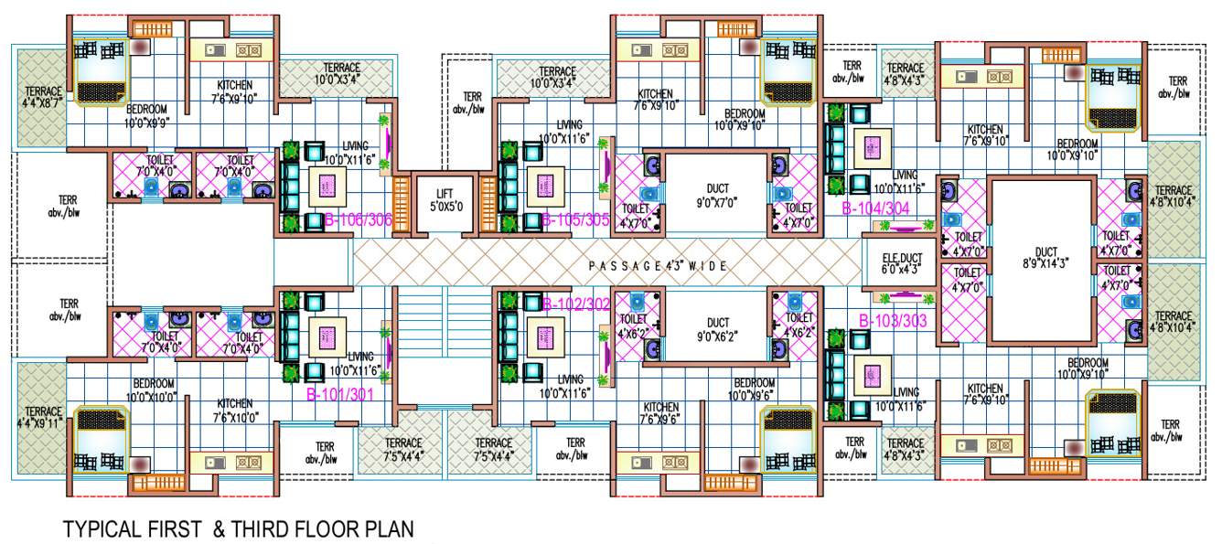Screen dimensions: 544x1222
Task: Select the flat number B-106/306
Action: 359,219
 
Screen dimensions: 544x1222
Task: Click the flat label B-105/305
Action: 575,219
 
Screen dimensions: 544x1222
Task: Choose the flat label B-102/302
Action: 575,304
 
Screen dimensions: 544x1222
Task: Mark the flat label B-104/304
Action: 875,208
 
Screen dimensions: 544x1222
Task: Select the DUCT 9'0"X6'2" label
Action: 717,328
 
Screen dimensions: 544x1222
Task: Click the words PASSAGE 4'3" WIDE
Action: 658,266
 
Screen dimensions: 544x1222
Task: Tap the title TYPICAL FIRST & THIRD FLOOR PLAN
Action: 238,528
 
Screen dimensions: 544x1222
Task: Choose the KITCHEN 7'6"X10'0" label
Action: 234,410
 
